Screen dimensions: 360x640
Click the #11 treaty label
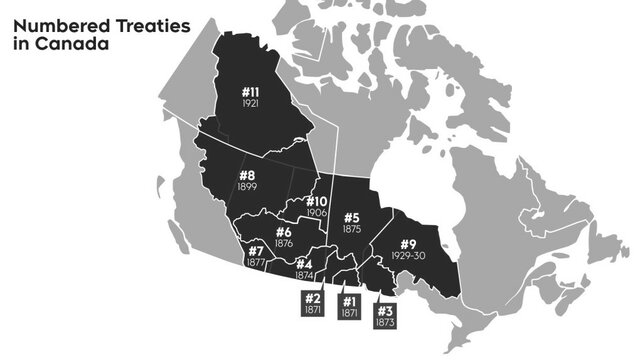(x=250, y=92)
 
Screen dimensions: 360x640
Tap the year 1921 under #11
(x=250, y=104)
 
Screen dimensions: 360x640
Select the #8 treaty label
(x=246, y=176)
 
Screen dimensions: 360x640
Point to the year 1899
(x=246, y=188)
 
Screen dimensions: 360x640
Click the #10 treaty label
(x=317, y=202)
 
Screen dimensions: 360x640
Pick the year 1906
(x=317, y=213)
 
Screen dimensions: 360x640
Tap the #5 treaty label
(x=351, y=218)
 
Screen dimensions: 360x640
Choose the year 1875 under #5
(x=351, y=229)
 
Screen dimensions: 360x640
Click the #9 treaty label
(x=408, y=245)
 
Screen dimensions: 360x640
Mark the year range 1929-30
(x=408, y=257)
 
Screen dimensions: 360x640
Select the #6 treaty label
(x=283, y=232)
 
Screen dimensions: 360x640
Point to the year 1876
(x=283, y=243)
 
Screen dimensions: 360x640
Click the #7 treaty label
(x=255, y=251)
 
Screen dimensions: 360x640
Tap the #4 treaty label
(x=304, y=264)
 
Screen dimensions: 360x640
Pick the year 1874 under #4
(x=304, y=274)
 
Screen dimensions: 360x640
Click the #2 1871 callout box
(x=312, y=304)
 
